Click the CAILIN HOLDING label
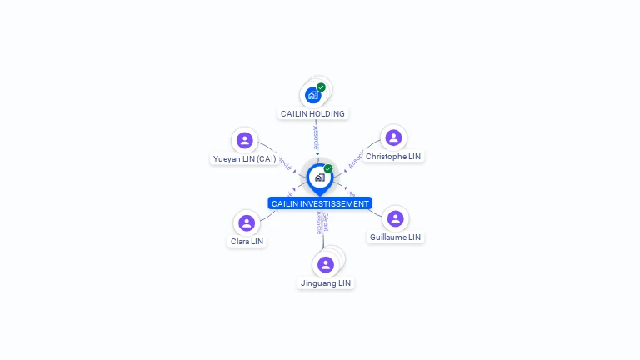pyautogui.click(x=312, y=113)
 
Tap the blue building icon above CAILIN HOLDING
pyautogui.click(x=312, y=95)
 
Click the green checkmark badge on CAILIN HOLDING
pyautogui.click(x=321, y=87)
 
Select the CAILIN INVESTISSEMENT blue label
pyautogui.click(x=320, y=203)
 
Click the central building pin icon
pyautogui.click(x=319, y=177)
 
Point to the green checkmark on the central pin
pyautogui.click(x=328, y=168)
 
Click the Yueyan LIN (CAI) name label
pyautogui.click(x=244, y=158)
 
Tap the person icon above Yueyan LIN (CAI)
pyautogui.click(x=244, y=140)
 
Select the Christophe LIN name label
pyautogui.click(x=393, y=156)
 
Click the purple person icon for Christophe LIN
pyautogui.click(x=393, y=137)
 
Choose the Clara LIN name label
pyautogui.click(x=247, y=241)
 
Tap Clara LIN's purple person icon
pyautogui.click(x=247, y=222)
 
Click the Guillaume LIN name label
pyautogui.click(x=395, y=237)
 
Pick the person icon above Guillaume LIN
pyautogui.click(x=395, y=218)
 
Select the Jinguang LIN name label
pyautogui.click(x=326, y=282)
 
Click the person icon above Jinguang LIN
pyautogui.click(x=326, y=264)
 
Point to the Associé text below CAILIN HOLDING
pyautogui.click(x=316, y=138)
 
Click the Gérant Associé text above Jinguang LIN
pyautogui.click(x=322, y=223)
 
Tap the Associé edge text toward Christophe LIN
pyautogui.click(x=355, y=158)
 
